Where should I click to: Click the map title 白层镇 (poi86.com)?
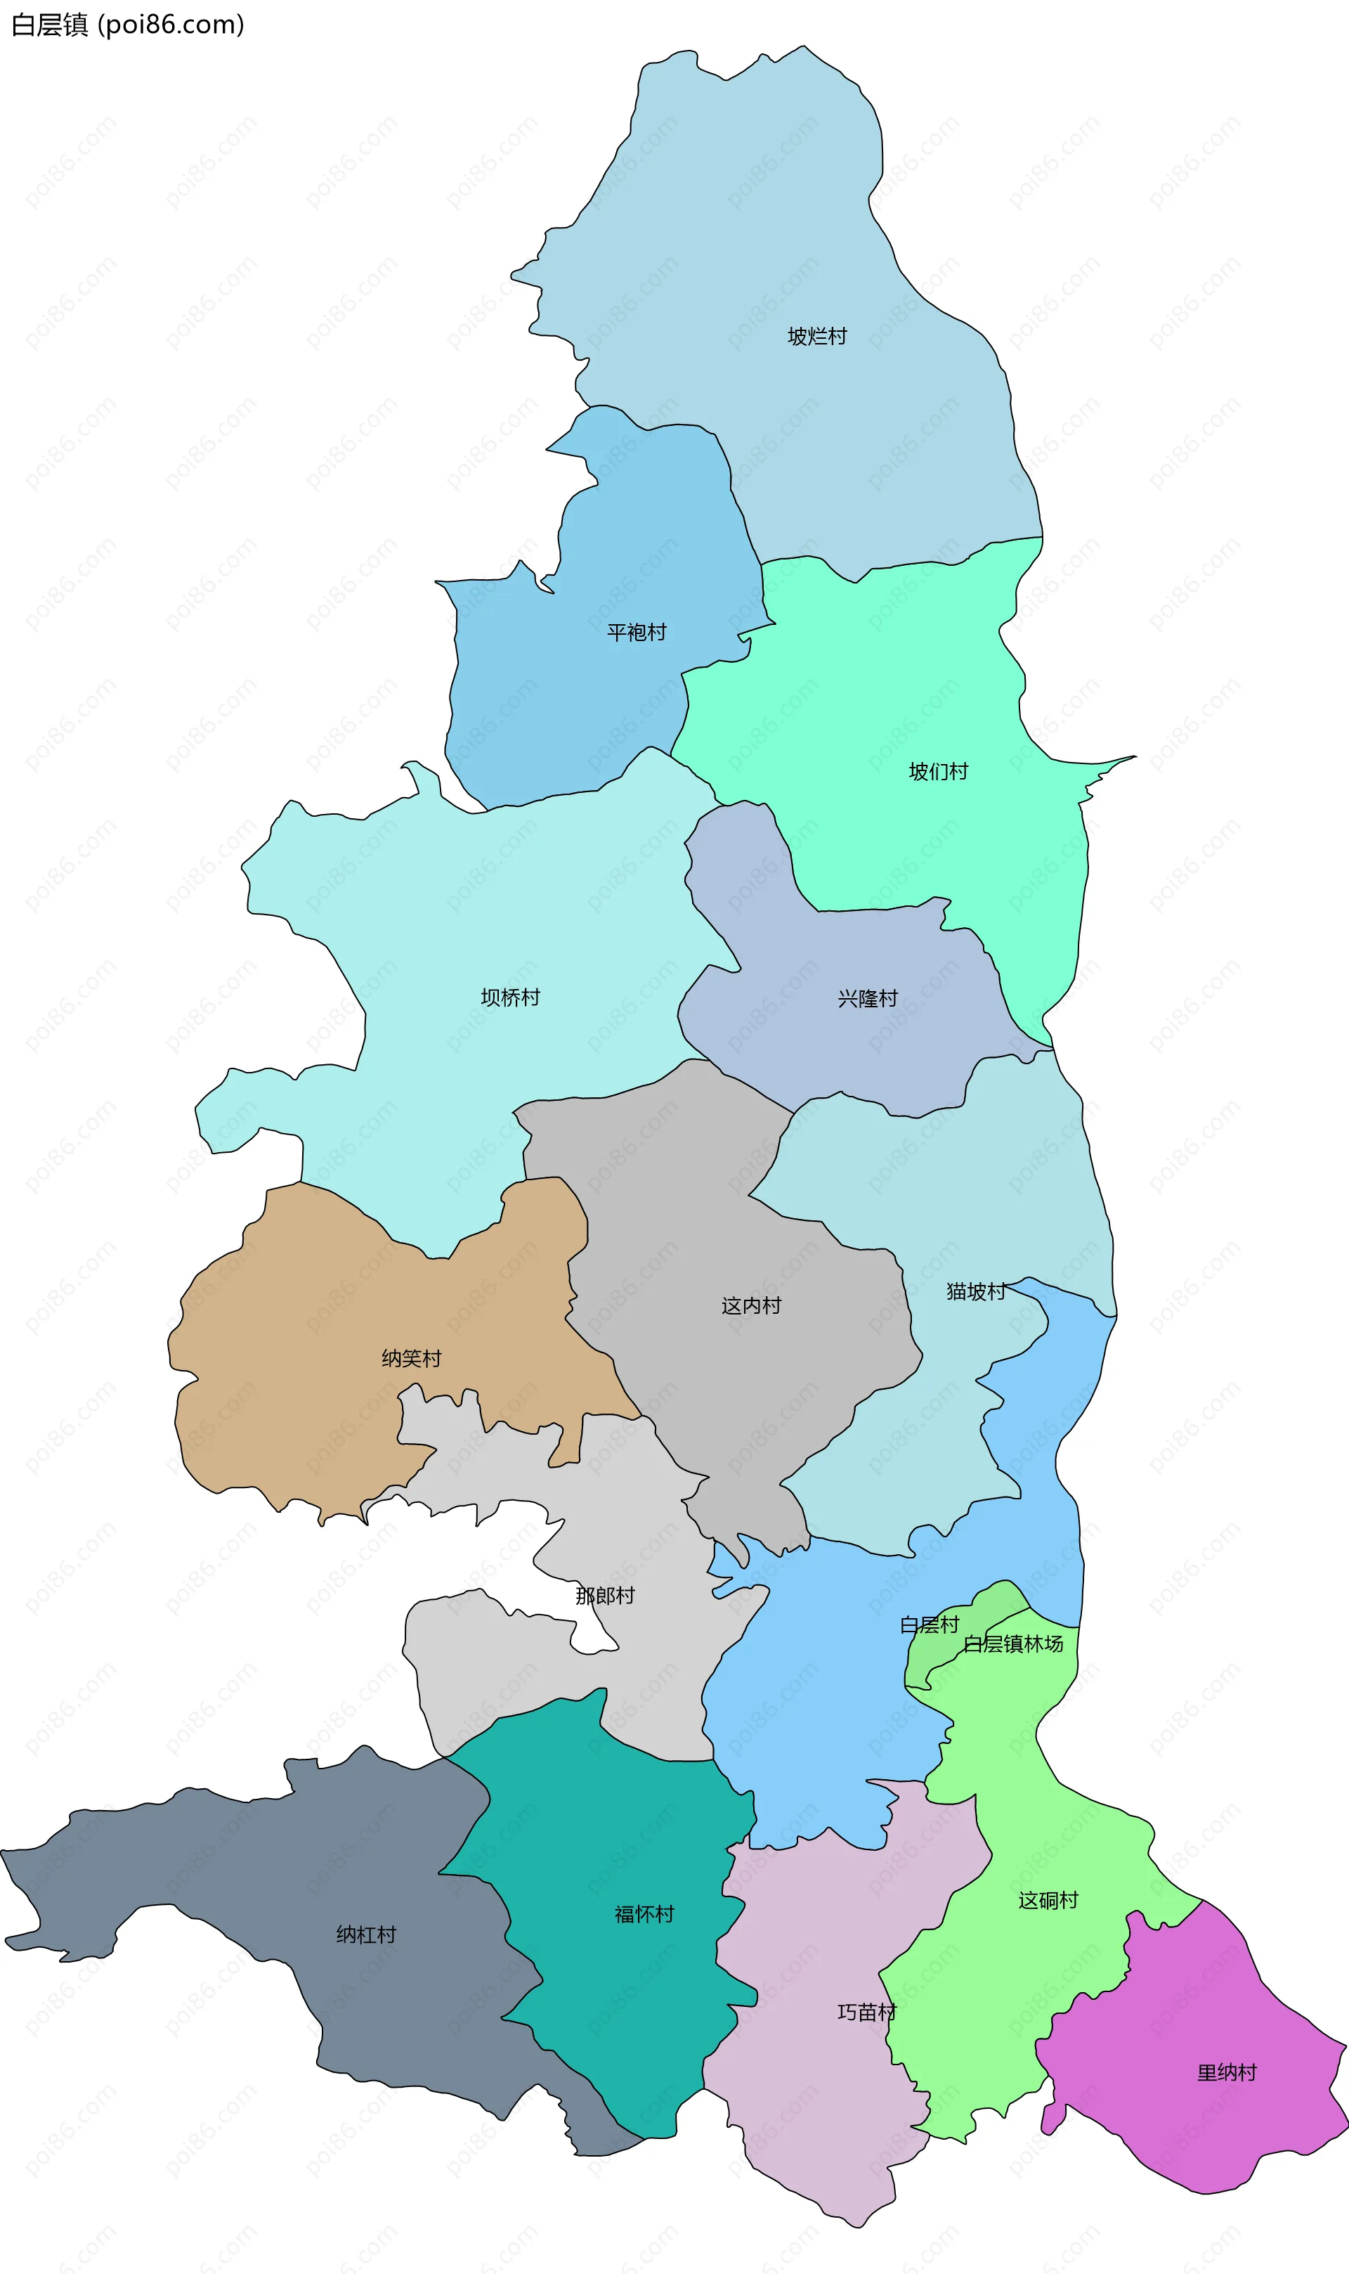click(x=127, y=25)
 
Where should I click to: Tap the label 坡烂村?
click(x=816, y=337)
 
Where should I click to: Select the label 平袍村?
click(x=637, y=632)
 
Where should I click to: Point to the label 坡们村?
click(x=938, y=772)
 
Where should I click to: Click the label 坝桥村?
click(x=510, y=997)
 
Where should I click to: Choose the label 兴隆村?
click(x=867, y=998)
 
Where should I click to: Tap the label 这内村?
click(x=751, y=1305)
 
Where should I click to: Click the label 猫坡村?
click(x=975, y=1291)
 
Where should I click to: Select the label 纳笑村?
click(x=411, y=1358)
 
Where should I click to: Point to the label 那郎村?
click(x=604, y=1596)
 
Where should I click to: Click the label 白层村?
click(x=929, y=1624)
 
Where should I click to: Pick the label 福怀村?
click(x=644, y=1914)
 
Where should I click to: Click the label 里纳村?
click(x=1226, y=2072)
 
